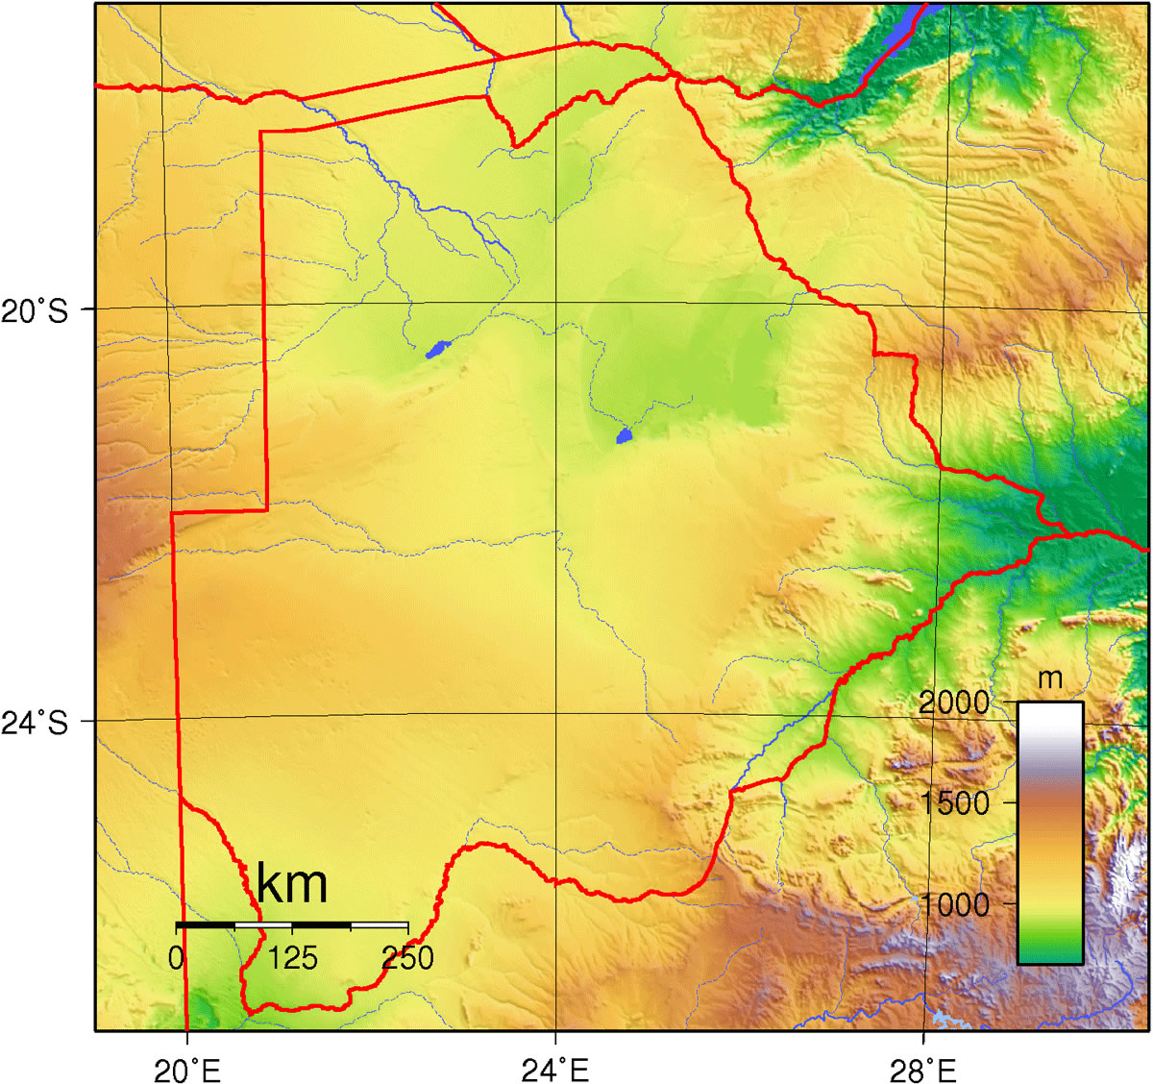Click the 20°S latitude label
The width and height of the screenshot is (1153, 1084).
pyautogui.click(x=36, y=311)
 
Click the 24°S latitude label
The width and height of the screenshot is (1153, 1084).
pyautogui.click(x=36, y=723)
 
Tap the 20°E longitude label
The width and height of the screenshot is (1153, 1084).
pyautogui.click(x=189, y=1069)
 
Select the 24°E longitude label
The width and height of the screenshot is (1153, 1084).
pyautogui.click(x=555, y=1069)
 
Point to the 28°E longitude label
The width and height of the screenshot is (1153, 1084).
pyautogui.click(x=923, y=1069)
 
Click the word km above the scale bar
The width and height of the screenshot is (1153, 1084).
pyautogui.click(x=292, y=883)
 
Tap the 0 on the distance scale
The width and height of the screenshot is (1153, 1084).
pyautogui.click(x=177, y=958)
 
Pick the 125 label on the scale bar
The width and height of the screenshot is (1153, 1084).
pyautogui.click(x=293, y=958)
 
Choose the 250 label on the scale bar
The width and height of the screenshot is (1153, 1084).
pyautogui.click(x=407, y=958)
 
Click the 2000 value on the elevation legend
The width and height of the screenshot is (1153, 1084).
pyautogui.click(x=954, y=702)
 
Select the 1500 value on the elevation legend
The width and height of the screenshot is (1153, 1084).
pyautogui.click(x=954, y=802)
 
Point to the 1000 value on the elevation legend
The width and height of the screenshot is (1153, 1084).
pyautogui.click(x=954, y=903)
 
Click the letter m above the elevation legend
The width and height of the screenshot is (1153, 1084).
pyautogui.click(x=1050, y=678)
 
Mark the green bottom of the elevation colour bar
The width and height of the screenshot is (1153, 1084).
pyautogui.click(x=1050, y=951)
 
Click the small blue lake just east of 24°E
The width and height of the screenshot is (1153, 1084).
pyautogui.click(x=624, y=437)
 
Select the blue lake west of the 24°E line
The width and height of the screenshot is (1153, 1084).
pyautogui.click(x=437, y=349)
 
